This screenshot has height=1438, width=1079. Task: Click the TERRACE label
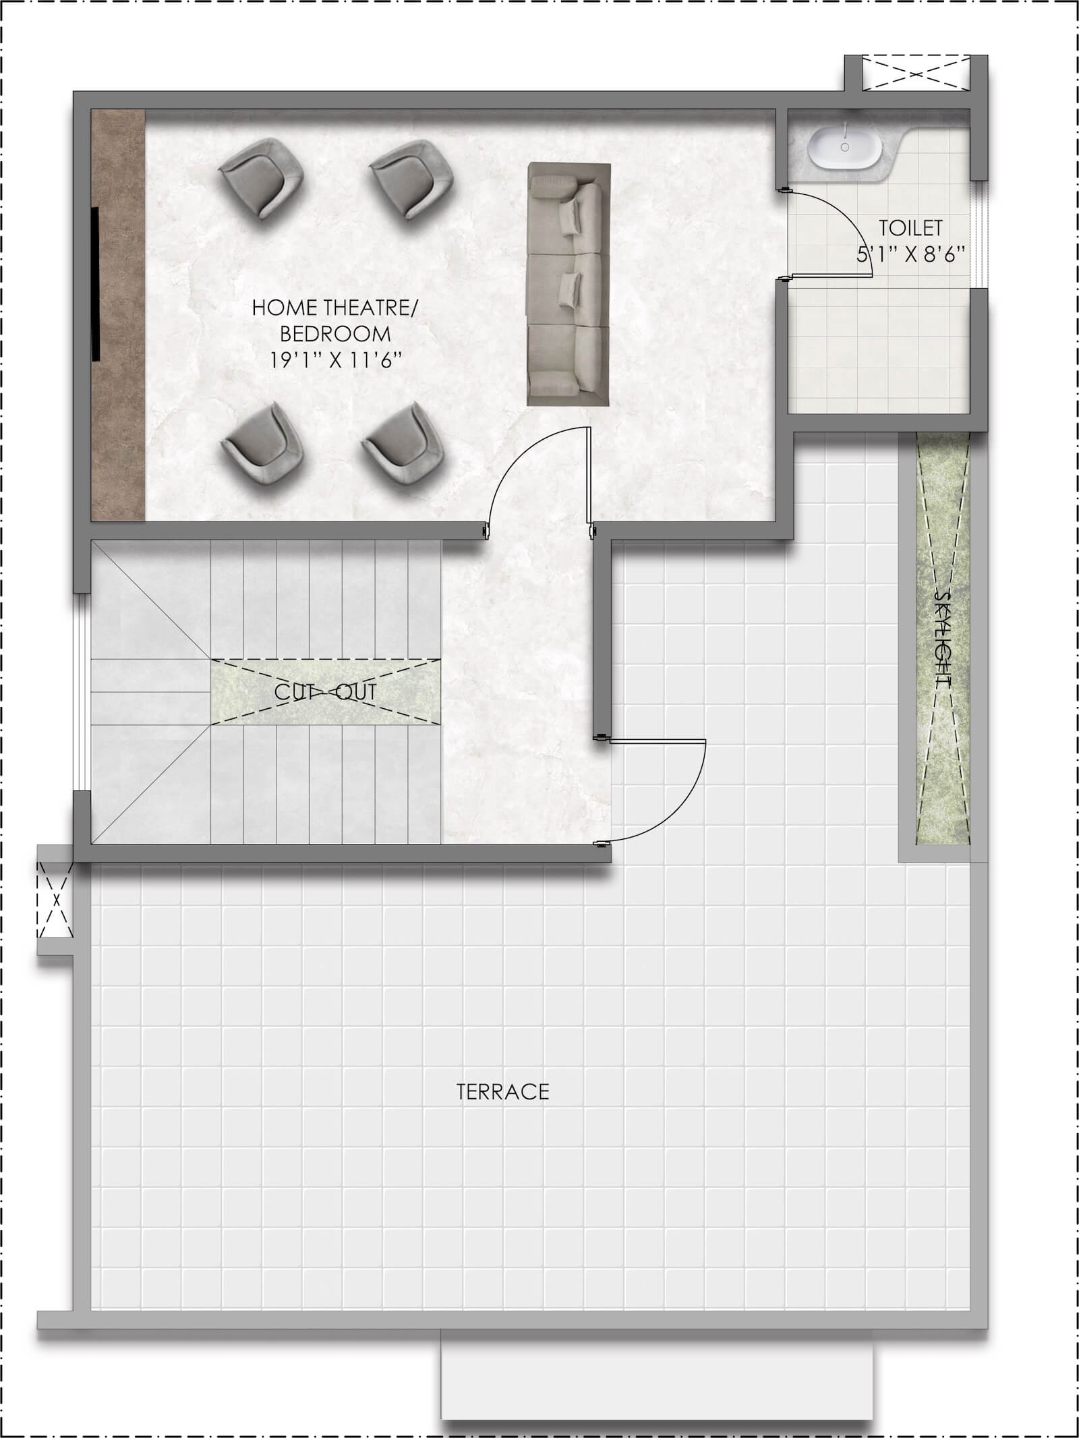tap(503, 1092)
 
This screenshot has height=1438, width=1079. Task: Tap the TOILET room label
tap(910, 228)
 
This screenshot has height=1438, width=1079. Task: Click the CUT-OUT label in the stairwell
tap(325, 692)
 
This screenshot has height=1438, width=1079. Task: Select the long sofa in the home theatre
tap(568, 284)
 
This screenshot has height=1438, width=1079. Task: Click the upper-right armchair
tap(411, 179)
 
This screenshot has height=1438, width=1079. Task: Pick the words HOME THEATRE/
tap(335, 308)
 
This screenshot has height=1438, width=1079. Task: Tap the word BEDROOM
tap(335, 334)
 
